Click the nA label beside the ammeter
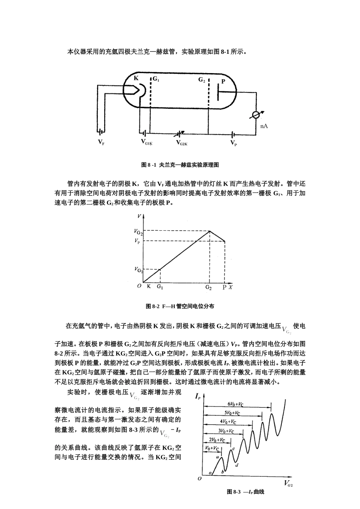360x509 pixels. coord(264,126)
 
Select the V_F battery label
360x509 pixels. coord(101,142)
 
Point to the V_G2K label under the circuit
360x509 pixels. coord(182,143)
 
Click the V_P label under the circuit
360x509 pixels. coord(234,143)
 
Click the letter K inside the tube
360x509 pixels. coord(136,78)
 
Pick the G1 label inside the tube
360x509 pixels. coord(156,80)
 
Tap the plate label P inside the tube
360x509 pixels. coord(223,81)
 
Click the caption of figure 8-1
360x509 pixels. coord(180,165)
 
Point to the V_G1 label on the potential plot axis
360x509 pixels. coord(138,270)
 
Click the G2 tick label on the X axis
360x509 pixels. coord(209,287)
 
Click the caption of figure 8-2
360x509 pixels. coord(180,306)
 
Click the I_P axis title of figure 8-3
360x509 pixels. coord(198,396)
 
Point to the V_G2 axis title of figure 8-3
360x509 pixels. coord(288,484)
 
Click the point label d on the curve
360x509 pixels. coord(236,465)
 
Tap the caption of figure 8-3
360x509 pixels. coord(245,492)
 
